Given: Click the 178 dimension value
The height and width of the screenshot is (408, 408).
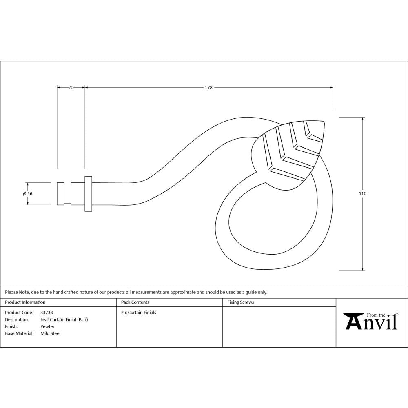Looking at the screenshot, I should click(208, 87).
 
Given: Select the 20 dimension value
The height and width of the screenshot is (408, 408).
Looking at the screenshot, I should click(71, 87).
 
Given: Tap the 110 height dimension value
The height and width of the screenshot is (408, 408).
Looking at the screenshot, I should click(363, 193).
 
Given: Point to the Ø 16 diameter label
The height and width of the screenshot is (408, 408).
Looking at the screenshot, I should click(28, 194).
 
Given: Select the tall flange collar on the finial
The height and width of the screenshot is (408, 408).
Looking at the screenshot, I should click(88, 194).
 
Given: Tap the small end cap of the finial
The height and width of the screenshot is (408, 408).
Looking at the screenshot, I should click(60, 194).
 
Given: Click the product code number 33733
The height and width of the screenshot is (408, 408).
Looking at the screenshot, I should click(47, 313).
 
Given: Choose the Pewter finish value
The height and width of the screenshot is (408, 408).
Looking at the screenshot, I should click(47, 326).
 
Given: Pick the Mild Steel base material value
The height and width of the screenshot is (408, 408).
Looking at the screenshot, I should click(50, 333).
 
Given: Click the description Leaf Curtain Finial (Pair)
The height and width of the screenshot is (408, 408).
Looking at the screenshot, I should click(64, 319).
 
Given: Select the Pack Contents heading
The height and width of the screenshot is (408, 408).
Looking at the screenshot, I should click(135, 302).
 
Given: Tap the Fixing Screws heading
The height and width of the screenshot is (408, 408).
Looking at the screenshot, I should click(240, 302).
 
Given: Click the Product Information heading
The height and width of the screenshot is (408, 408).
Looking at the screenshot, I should click(25, 302).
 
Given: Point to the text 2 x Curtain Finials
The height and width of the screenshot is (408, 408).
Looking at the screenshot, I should click(139, 313).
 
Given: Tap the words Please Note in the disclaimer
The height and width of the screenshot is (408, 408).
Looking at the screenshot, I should click(17, 292).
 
